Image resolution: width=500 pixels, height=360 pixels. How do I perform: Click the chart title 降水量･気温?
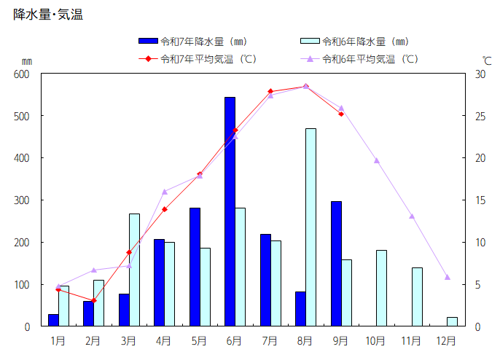click(x=48, y=15)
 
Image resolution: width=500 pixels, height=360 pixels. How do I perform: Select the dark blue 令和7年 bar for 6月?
click(x=230, y=211)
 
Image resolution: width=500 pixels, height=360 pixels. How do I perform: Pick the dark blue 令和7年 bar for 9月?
click(x=336, y=264)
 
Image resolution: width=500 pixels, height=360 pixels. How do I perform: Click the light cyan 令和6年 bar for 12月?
click(x=452, y=321)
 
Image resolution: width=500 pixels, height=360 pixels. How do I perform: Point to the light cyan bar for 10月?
click(x=381, y=288)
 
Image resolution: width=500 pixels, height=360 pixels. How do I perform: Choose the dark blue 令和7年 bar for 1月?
click(x=53, y=320)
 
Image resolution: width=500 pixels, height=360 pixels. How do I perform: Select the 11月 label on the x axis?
click(x=411, y=340)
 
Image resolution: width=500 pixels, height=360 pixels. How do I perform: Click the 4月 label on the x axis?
click(x=163, y=340)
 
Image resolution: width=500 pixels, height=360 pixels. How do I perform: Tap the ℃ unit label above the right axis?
click(x=486, y=60)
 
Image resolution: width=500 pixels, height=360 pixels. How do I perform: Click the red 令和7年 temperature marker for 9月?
click(x=340, y=114)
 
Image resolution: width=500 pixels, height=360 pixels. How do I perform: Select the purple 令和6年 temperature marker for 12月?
click(x=447, y=277)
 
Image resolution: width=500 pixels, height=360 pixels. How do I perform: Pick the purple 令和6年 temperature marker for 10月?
click(x=376, y=160)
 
